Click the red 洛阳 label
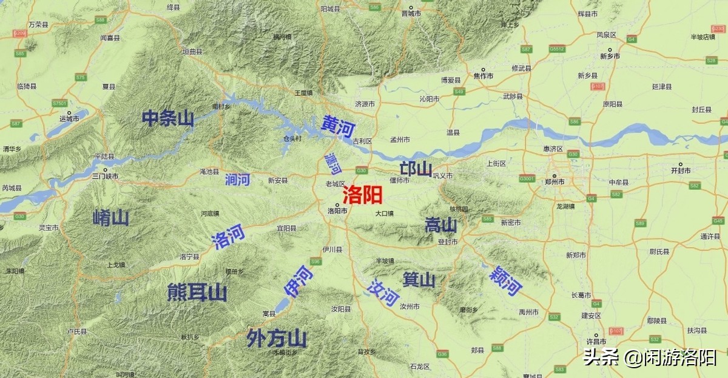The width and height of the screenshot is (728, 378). point(362,195)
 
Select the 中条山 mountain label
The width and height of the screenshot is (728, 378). point(168,118)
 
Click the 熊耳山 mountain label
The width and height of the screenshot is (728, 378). point(197,293)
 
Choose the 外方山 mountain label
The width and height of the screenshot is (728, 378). point(276,338)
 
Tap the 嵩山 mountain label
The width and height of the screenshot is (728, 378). point(441,226)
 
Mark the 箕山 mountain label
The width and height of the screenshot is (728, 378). point(419,280)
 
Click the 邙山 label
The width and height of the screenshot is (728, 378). point(416,169)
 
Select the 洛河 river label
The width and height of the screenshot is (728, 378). point(229,237)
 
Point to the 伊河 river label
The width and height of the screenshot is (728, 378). point(303,281)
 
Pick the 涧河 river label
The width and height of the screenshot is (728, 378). point(237,179)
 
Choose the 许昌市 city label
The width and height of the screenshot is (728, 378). point(598,340)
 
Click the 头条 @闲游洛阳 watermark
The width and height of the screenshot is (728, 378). point(649,358)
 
